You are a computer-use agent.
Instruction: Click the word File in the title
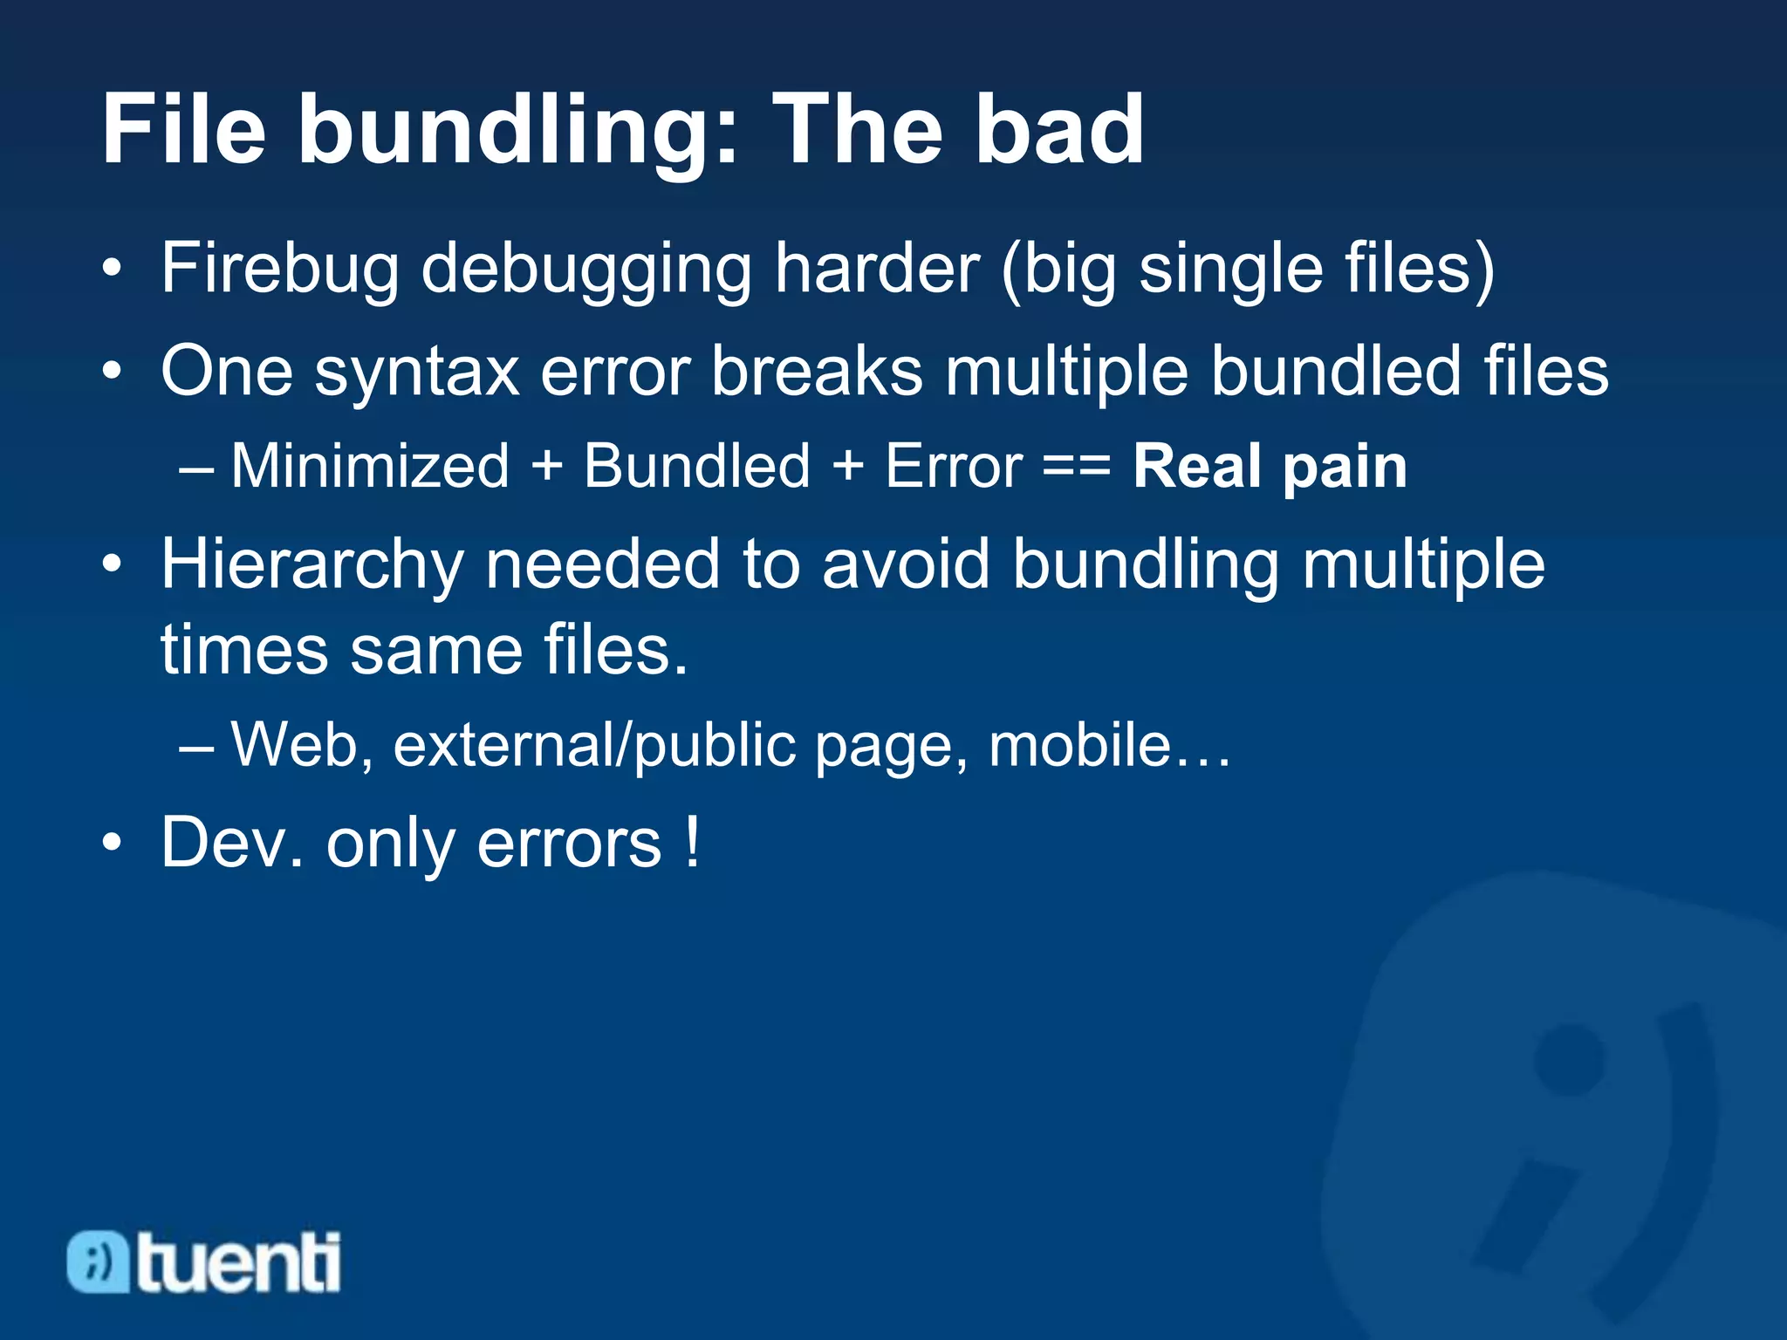click(184, 131)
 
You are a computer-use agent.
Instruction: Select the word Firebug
click(279, 270)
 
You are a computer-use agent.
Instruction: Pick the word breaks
click(817, 372)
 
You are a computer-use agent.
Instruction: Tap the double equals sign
click(1077, 468)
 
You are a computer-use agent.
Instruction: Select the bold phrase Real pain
click(1270, 468)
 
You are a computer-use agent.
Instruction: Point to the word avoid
click(905, 565)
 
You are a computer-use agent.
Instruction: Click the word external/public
click(594, 747)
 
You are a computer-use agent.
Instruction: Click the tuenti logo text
click(238, 1262)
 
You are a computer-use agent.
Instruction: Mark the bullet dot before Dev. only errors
click(111, 844)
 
